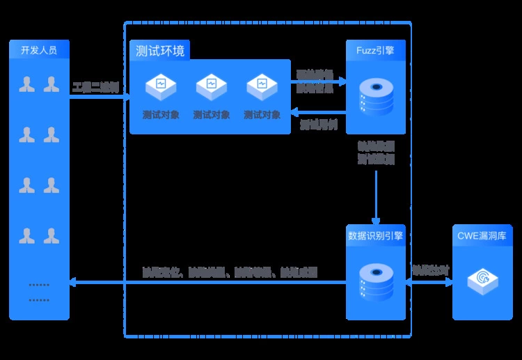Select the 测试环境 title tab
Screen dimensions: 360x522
(x=160, y=51)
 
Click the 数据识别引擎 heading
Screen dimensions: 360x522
(x=376, y=235)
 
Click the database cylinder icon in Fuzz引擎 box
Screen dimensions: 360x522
(x=376, y=97)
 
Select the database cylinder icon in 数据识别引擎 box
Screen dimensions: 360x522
(x=376, y=281)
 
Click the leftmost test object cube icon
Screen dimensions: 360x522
(x=161, y=86)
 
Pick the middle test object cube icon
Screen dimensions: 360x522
(x=212, y=86)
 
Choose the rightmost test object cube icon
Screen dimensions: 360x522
(x=262, y=86)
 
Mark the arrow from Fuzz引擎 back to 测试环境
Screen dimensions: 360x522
(x=319, y=111)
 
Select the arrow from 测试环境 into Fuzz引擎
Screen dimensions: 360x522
(x=319, y=81)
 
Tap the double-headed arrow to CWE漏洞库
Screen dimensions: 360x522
(x=428, y=282)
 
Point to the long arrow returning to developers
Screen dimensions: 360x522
(x=209, y=282)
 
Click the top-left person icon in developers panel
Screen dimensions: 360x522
(x=27, y=85)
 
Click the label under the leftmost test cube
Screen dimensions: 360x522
(x=161, y=115)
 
